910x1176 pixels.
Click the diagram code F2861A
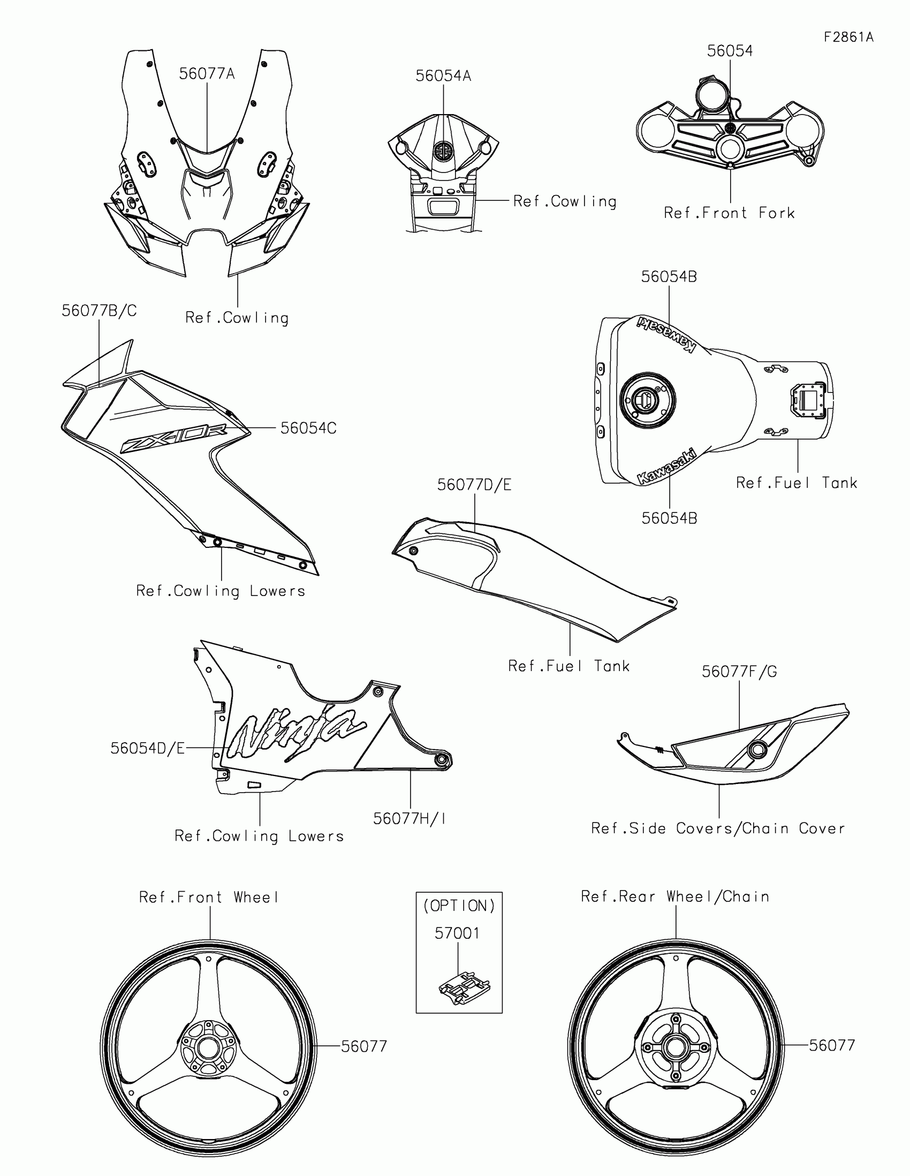(x=848, y=37)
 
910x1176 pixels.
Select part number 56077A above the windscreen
(x=207, y=74)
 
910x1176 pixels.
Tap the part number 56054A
(x=443, y=76)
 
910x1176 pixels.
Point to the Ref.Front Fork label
(x=729, y=213)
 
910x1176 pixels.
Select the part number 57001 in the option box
(x=457, y=933)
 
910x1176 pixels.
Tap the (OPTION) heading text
(x=459, y=906)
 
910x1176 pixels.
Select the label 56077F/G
(x=739, y=672)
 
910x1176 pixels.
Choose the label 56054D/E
(x=147, y=748)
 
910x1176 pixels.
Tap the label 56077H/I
(x=409, y=818)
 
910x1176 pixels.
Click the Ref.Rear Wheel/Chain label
(x=675, y=896)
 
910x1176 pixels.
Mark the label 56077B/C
(x=99, y=311)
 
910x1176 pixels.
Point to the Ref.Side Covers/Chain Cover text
(x=718, y=828)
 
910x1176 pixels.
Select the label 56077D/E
(x=474, y=485)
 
